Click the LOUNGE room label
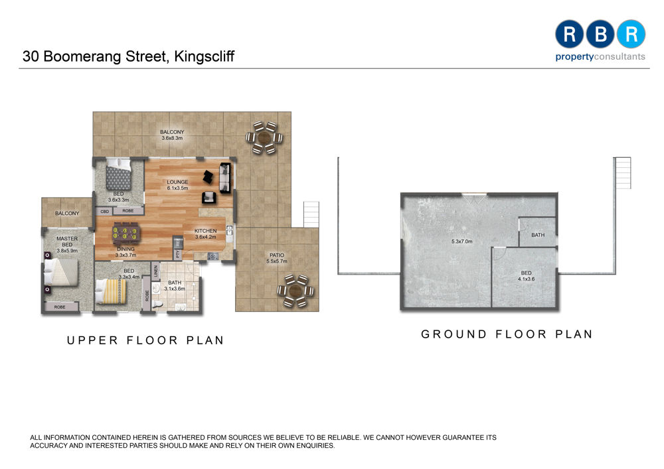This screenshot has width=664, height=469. (177, 182)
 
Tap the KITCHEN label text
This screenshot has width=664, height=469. (205, 231)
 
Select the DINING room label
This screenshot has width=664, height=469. (125, 249)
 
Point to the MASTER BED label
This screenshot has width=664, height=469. (67, 241)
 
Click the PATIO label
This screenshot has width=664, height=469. (277, 255)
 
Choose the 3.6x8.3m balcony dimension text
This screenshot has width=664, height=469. (172, 138)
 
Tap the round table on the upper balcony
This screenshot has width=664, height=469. (264, 137)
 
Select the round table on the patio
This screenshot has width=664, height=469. (295, 291)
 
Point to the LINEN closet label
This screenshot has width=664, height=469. (155, 271)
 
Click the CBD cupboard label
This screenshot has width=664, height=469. (105, 212)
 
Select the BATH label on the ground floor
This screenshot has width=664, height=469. (538, 235)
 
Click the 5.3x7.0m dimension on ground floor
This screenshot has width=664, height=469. (461, 241)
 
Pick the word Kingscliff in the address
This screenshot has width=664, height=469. (204, 56)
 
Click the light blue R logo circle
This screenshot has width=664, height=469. (631, 34)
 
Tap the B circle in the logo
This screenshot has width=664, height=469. (600, 34)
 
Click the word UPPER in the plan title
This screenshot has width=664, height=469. (92, 340)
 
